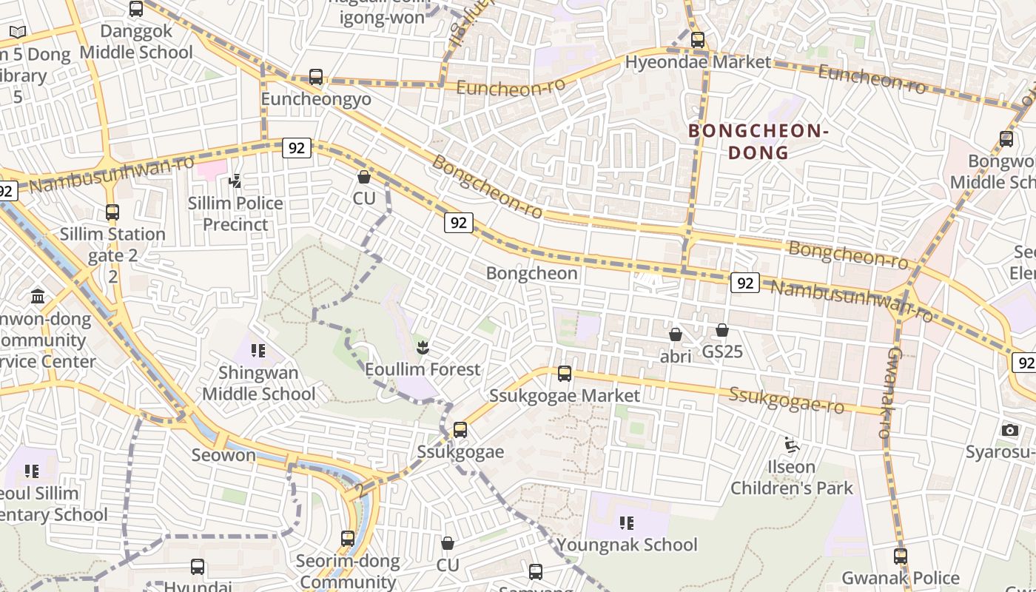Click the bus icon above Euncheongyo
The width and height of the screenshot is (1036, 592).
point(316,77)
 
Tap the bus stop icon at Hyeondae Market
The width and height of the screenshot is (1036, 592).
point(698,40)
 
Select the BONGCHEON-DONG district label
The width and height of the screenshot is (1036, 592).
point(758,141)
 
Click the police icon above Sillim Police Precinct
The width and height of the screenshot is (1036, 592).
point(235,180)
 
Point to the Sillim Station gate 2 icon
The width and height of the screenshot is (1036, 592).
point(112,212)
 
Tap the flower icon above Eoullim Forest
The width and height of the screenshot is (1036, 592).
point(423,346)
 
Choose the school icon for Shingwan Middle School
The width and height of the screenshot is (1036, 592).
point(258,350)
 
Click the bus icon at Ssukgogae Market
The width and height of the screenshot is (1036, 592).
point(565,374)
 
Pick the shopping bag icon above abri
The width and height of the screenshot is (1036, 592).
point(675,334)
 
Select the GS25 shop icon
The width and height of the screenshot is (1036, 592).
point(722,330)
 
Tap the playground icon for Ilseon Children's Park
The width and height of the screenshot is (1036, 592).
point(791,445)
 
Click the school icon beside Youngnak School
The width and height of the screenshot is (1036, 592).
point(627,523)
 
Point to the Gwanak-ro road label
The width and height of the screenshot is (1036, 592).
point(890,392)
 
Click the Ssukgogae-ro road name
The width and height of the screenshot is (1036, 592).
point(786,400)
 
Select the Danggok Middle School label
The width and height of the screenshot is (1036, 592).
point(136,42)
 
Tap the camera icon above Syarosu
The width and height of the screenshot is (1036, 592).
point(1010,430)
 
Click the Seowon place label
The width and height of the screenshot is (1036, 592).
point(223,455)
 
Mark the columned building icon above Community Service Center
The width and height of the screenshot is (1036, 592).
point(38,297)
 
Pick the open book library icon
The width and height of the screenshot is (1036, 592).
point(18,32)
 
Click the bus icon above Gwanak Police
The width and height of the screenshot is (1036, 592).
point(901,556)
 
